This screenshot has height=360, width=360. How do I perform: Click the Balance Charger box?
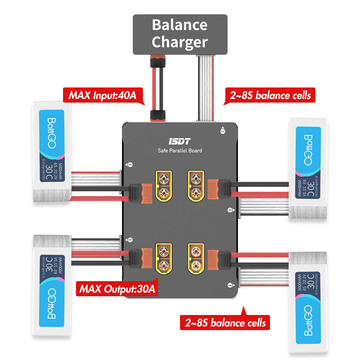coord(180,35)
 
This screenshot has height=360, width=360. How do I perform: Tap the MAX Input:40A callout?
coord(103,96)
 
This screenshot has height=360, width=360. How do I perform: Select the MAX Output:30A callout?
coord(117,289)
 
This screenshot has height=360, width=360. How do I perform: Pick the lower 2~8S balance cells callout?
coord(225,322)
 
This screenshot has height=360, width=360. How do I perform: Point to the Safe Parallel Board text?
coord(180,150)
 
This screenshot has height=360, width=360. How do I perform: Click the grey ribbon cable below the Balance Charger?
coord(205,88)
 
